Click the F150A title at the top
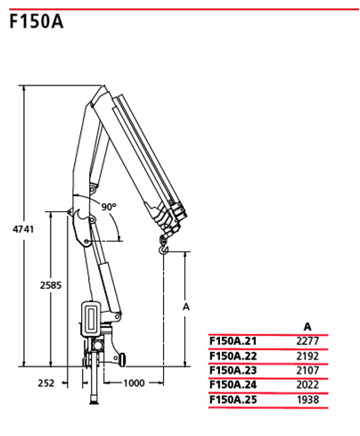click(x=37, y=21)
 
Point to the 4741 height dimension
click(x=23, y=229)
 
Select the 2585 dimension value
click(x=51, y=285)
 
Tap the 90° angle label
click(x=109, y=206)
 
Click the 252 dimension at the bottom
click(x=46, y=383)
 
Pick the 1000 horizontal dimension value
click(x=134, y=383)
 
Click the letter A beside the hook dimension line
click(x=186, y=307)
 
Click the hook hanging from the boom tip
click(x=163, y=246)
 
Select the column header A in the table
click(x=307, y=327)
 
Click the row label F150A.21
click(x=233, y=341)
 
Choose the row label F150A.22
click(x=233, y=356)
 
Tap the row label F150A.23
click(x=233, y=370)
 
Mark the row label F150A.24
click(x=233, y=384)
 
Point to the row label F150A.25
click(x=233, y=399)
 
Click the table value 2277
click(x=307, y=341)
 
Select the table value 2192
click(x=307, y=356)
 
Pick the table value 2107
click(x=307, y=370)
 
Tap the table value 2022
click(x=307, y=384)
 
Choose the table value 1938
click(x=307, y=399)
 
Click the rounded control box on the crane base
click(x=91, y=319)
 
